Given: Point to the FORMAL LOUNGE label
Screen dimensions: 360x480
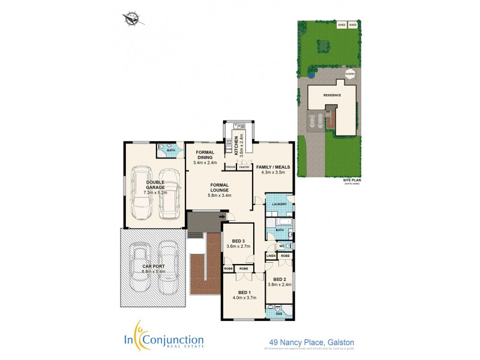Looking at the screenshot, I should click(x=220, y=190).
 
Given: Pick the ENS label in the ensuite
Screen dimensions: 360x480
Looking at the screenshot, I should click(x=278, y=313).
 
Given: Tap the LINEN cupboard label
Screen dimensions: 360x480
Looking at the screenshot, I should click(x=271, y=256).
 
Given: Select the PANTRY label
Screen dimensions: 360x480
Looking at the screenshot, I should click(x=244, y=167).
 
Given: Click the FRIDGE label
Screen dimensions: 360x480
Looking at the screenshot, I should click(x=230, y=167).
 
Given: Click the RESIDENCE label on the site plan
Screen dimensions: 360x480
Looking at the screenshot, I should click(x=332, y=95).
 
